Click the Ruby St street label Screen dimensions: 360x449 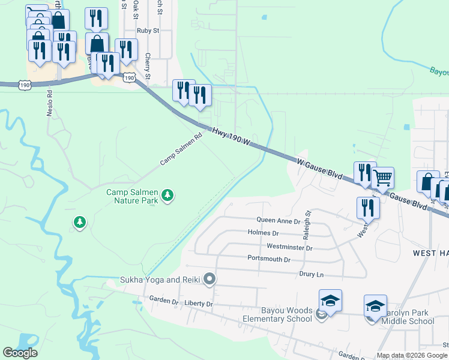coord(148,30)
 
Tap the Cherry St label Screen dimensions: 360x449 coord(147,66)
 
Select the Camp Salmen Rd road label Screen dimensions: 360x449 coord(180,150)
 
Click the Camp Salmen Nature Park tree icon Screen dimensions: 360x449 coord(169,195)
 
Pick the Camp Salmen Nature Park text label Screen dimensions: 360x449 coord(132,196)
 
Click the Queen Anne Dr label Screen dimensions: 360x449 coord(278,221)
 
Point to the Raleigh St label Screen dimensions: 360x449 coord(309,221)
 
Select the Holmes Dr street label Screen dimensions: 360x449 coord(263,233)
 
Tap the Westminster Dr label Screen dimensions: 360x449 coord(289,247)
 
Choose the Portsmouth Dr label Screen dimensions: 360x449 coord(269,260)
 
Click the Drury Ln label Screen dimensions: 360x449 coord(312,274)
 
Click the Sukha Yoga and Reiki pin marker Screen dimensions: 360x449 coord(209,278)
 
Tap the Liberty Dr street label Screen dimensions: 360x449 coord(199,304)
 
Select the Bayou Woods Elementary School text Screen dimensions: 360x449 coord(286,314)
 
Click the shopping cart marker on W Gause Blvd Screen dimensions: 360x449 coord(382,178)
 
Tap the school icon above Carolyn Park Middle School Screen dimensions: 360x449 coord(375,306)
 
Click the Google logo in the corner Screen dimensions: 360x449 coord(20,353)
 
